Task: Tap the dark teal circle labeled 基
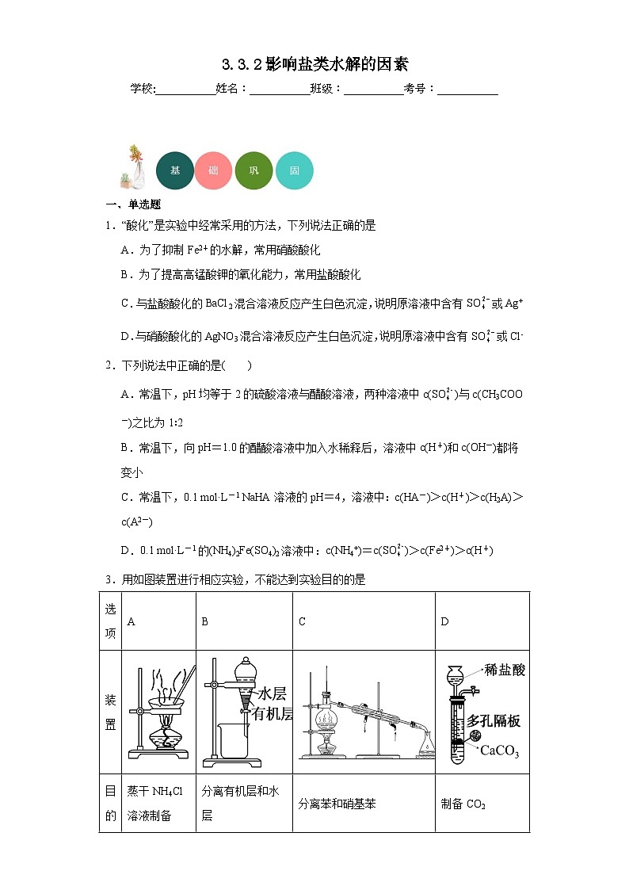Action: tap(175, 170)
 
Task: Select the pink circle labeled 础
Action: tap(214, 170)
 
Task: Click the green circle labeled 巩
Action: tap(254, 170)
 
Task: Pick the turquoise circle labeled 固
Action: tap(295, 170)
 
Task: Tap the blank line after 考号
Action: tap(467, 90)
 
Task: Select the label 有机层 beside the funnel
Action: tap(272, 713)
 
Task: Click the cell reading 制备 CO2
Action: tap(463, 804)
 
